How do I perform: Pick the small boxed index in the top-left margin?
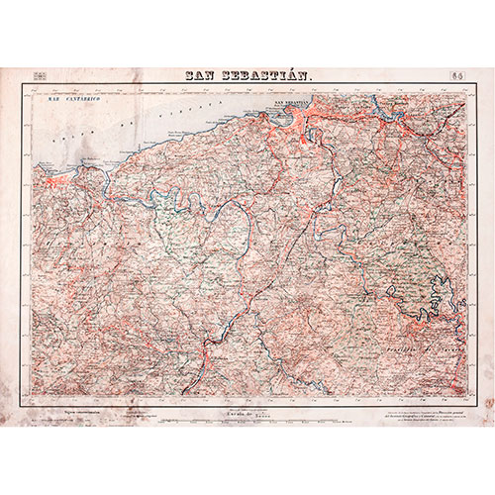click(x=40, y=75)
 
